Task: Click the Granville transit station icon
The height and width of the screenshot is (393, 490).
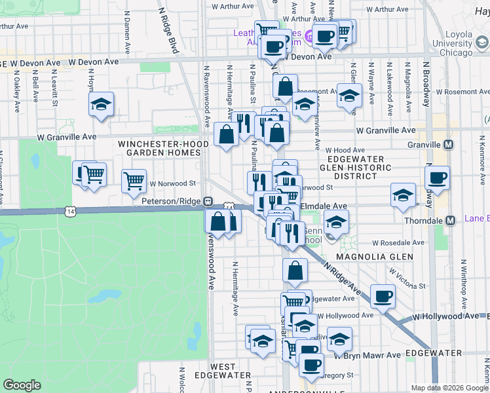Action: [448, 144]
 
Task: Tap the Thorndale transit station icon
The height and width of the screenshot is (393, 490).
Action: [450, 220]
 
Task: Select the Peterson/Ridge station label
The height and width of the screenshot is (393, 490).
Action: [171, 201]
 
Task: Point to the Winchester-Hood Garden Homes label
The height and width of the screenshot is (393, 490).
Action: [158, 147]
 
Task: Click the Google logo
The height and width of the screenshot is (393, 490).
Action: [22, 385]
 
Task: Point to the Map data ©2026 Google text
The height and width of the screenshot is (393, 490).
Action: [449, 388]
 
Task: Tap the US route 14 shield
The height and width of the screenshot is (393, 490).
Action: [70, 211]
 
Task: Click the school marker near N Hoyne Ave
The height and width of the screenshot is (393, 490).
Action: [102, 105]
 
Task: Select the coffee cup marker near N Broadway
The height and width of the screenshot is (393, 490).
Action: [437, 177]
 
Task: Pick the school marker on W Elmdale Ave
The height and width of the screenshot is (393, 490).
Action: [403, 195]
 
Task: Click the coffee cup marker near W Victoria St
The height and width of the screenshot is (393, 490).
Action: [383, 296]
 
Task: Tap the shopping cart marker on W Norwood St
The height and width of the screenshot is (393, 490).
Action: [134, 179]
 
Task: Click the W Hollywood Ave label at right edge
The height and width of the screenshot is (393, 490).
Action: [451, 316]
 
